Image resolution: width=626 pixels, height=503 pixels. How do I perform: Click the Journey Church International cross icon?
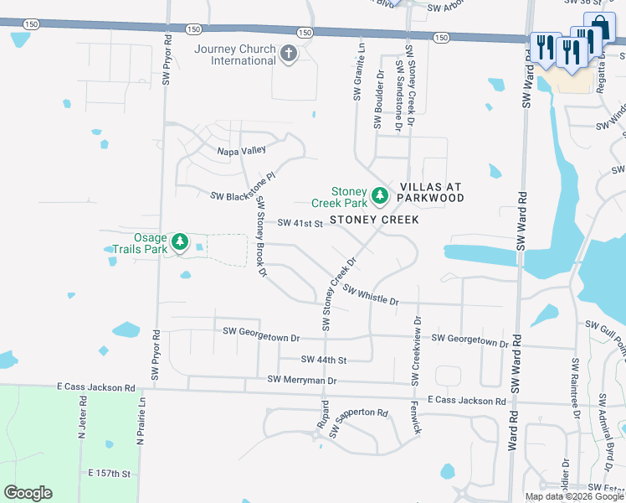(x=289, y=55)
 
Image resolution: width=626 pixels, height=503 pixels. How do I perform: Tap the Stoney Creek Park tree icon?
(x=380, y=196)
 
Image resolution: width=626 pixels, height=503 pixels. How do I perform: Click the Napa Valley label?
(x=241, y=150)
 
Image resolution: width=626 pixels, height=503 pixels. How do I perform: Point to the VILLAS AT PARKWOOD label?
(x=431, y=191)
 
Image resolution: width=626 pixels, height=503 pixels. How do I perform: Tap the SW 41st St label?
(x=300, y=223)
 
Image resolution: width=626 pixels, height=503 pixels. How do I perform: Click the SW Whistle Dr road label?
(x=369, y=294)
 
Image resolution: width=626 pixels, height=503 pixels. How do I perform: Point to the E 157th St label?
(x=110, y=474)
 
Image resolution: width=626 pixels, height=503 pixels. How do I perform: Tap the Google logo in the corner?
(x=28, y=493)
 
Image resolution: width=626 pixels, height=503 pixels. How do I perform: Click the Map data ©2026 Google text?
(x=574, y=496)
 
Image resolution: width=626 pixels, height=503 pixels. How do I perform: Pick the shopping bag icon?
(x=600, y=32)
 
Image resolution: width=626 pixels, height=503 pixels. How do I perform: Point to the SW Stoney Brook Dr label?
(x=261, y=236)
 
